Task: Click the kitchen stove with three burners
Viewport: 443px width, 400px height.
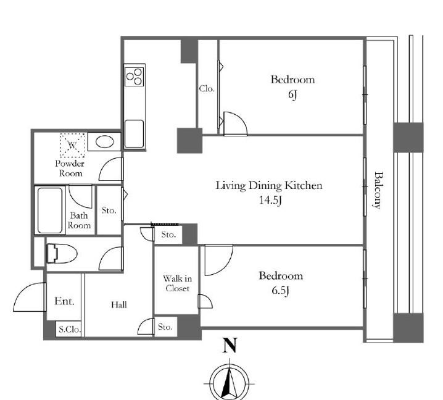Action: [135, 77]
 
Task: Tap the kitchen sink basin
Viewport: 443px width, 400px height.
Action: [135, 134]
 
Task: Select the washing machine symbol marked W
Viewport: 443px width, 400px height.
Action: [72, 145]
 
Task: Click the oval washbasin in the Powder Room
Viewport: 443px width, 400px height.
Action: [104, 141]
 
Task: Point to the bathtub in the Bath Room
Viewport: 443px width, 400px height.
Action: [50, 210]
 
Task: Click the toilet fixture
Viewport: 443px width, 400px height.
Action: [62, 254]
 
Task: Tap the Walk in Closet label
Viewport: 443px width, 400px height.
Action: [178, 283]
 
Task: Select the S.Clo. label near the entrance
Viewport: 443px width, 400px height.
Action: [70, 330]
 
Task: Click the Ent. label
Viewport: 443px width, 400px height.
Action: [64, 301]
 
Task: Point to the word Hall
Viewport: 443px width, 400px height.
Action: [119, 305]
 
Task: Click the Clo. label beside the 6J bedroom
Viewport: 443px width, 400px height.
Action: [207, 89]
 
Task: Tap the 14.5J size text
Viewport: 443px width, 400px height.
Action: [270, 201]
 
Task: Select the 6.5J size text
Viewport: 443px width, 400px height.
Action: [280, 291]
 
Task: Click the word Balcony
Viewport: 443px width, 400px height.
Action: [378, 190]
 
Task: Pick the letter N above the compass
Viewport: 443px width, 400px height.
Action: [230, 345]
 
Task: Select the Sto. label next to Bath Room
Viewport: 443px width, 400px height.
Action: [109, 210]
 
